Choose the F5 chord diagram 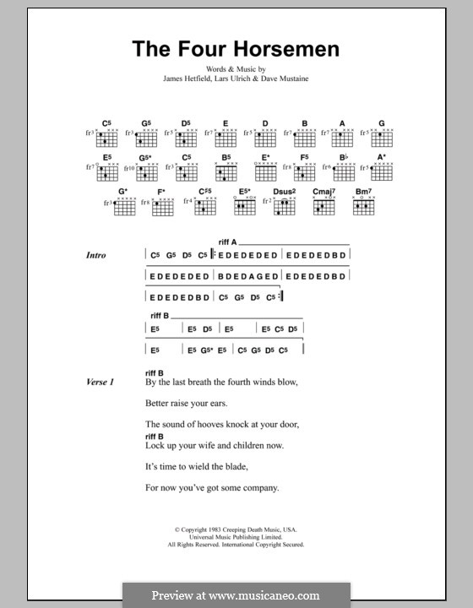coord(304,172)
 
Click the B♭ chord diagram coord(344,172)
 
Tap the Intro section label coord(95,255)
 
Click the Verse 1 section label coord(100,383)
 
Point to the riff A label coord(227,242)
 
